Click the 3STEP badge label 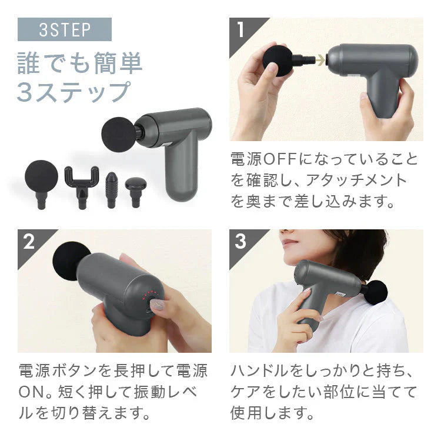(64, 30)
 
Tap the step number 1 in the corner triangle (240, 30)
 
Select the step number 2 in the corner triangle (29, 242)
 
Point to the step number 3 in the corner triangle (240, 242)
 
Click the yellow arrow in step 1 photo (320, 59)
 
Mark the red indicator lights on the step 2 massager (152, 292)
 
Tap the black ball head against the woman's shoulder (373, 292)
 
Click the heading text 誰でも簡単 (80, 64)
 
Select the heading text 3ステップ (73, 93)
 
